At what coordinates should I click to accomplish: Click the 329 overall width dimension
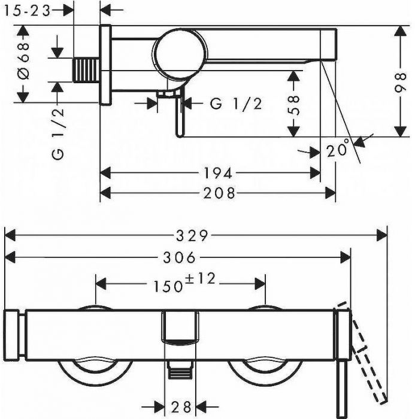192,236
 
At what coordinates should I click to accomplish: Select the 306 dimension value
180,258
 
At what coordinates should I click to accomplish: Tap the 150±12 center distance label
184,283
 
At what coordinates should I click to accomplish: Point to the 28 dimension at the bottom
181,407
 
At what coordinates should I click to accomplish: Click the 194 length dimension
218,173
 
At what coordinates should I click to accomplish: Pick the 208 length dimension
219,193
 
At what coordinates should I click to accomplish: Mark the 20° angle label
338,148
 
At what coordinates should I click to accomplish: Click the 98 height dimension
401,83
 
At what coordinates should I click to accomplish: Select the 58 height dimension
293,105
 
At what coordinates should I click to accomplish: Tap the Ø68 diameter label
23,61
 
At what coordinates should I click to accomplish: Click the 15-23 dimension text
28,11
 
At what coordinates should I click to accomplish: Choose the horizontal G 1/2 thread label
236,104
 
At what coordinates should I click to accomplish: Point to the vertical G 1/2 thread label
58,133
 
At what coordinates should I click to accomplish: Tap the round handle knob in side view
180,54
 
